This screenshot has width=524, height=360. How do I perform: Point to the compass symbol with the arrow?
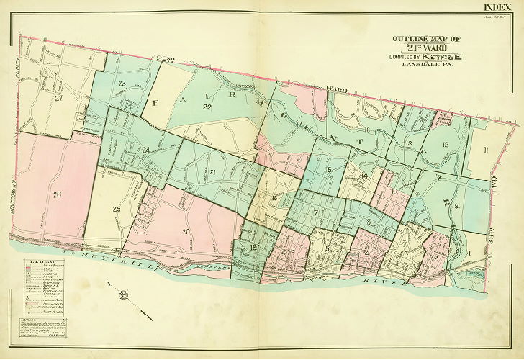click(x=124, y=294)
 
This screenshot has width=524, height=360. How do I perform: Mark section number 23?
click(x=122, y=84)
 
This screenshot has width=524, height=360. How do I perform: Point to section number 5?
click(x=327, y=248)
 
